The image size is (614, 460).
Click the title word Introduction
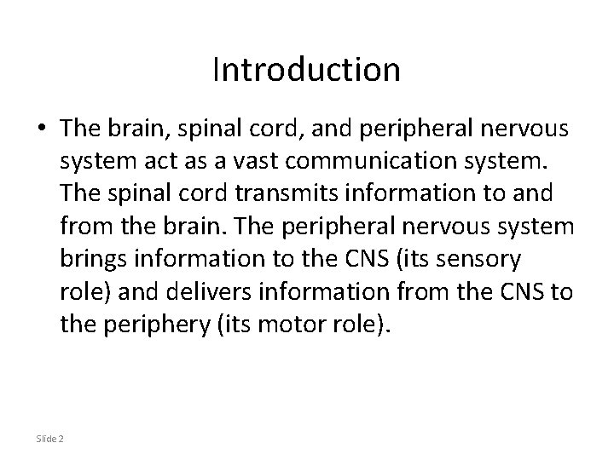[x=306, y=70]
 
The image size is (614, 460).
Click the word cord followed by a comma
[x=275, y=128]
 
